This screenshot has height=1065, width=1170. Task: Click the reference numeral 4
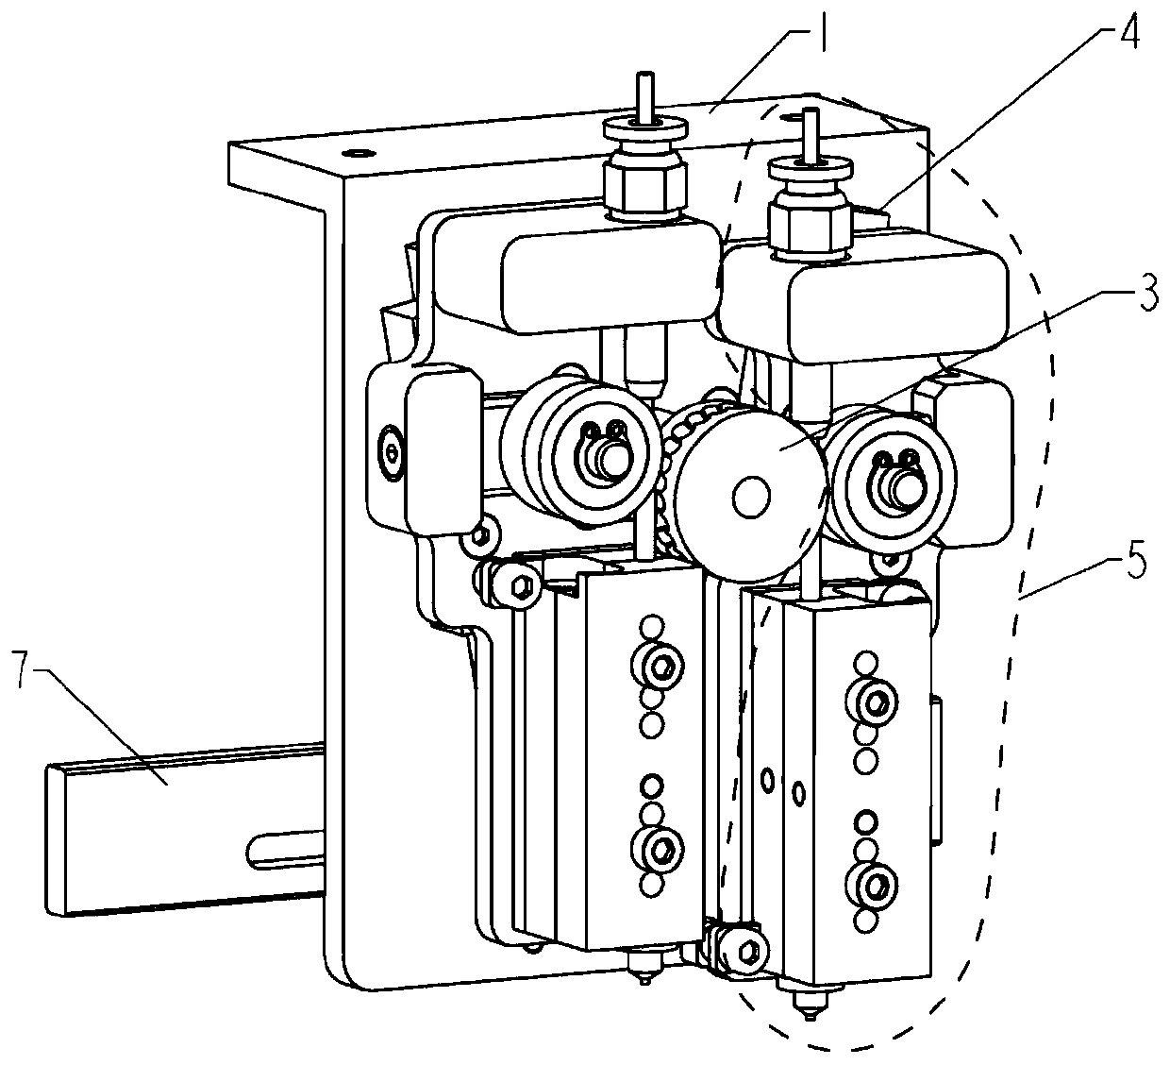pos(1128,29)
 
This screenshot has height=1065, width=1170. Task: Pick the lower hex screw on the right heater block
pos(874,887)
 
